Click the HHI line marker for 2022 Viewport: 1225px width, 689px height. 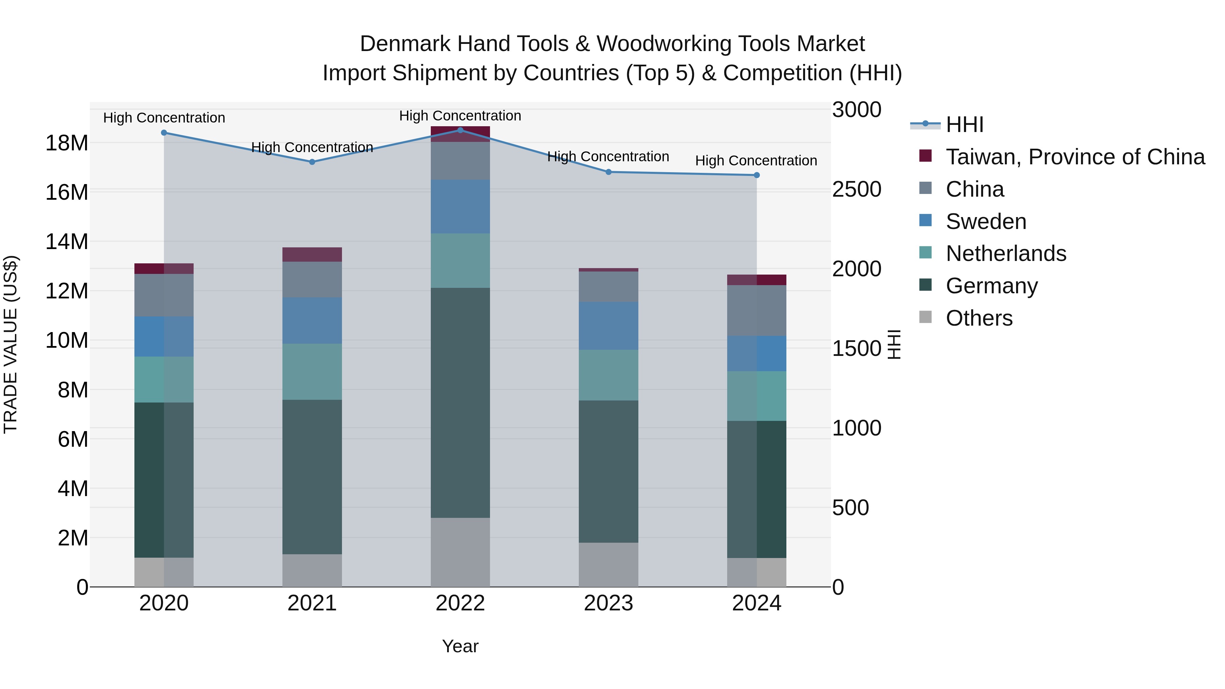(x=460, y=130)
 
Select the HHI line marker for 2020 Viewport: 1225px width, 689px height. (x=164, y=133)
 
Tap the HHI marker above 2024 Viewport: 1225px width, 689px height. (x=756, y=175)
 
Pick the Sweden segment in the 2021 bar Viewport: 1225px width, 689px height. (x=312, y=321)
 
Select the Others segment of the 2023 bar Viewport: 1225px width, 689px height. (x=608, y=564)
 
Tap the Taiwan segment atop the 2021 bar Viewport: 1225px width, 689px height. (x=312, y=255)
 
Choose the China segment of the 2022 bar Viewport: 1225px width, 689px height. (x=460, y=160)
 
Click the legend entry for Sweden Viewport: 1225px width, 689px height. (x=986, y=222)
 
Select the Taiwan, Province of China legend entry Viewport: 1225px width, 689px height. (x=1075, y=157)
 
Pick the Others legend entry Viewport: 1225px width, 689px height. (x=979, y=318)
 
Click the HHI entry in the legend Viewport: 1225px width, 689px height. (x=964, y=125)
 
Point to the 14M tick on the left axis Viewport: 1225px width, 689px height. (x=67, y=242)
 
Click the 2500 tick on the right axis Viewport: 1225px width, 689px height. (x=856, y=189)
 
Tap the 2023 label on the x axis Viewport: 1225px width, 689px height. (x=608, y=603)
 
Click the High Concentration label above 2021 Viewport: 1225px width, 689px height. (x=312, y=147)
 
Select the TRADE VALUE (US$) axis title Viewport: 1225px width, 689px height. (x=11, y=344)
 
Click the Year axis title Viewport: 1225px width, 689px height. (x=460, y=646)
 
